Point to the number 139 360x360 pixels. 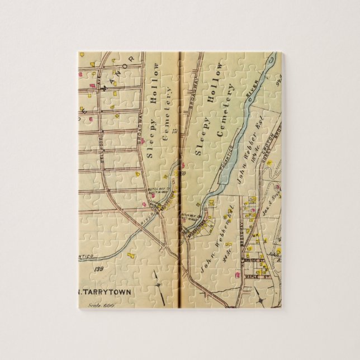pos(100,270)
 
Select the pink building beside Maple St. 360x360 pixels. pos(240,274)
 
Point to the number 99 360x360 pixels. pos(278,77)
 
